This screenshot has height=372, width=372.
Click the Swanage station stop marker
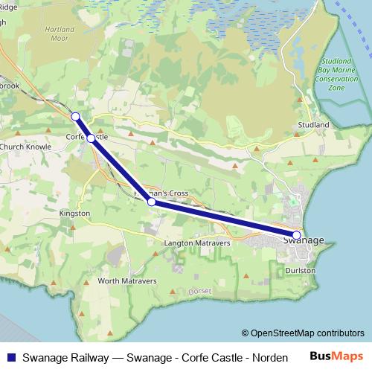click(x=296, y=235)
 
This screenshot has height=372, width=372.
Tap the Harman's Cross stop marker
click(x=151, y=202)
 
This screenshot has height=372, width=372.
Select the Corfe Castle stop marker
click(x=91, y=138)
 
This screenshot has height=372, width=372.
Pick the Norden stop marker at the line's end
click(x=75, y=115)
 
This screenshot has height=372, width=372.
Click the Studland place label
click(x=312, y=125)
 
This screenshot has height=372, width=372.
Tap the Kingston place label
click(x=74, y=214)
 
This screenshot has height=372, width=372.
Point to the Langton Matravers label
click(x=196, y=243)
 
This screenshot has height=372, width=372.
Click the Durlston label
click(x=301, y=271)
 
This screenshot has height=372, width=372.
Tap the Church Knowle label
click(x=25, y=147)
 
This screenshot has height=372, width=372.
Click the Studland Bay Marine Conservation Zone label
click(x=337, y=74)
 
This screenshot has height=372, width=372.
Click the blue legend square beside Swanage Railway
click(x=10, y=357)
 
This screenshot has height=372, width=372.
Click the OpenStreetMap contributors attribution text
click(x=303, y=333)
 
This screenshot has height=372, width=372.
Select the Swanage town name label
click(x=304, y=240)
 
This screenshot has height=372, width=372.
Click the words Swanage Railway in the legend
click(x=65, y=357)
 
